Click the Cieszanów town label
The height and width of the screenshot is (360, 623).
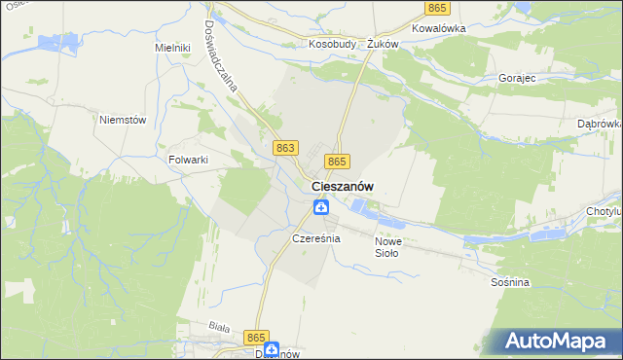click(x=344, y=186)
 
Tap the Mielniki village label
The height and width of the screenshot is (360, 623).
click(x=171, y=47)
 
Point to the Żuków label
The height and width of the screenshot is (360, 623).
click(x=384, y=44)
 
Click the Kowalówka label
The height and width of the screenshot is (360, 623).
click(x=439, y=28)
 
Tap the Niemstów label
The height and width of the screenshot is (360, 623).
click(x=123, y=120)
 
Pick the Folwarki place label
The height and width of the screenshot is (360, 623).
click(x=190, y=160)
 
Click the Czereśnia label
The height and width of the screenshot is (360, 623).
click(x=315, y=238)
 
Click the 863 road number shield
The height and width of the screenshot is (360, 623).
click(x=285, y=147)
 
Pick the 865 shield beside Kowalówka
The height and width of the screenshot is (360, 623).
click(x=437, y=8)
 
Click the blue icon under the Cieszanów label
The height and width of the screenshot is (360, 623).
click(x=320, y=206)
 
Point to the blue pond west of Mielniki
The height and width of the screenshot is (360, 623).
click(x=49, y=43)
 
